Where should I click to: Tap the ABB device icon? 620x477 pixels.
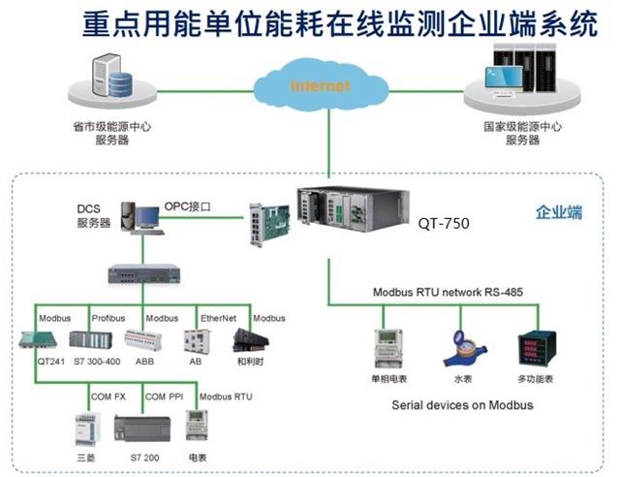pyautogui.click(x=143, y=340)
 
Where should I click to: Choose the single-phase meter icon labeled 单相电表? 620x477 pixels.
pyautogui.click(x=389, y=347)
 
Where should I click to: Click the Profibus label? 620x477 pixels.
pyautogui.click(x=108, y=318)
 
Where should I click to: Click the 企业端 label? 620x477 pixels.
pyautogui.click(x=558, y=213)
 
